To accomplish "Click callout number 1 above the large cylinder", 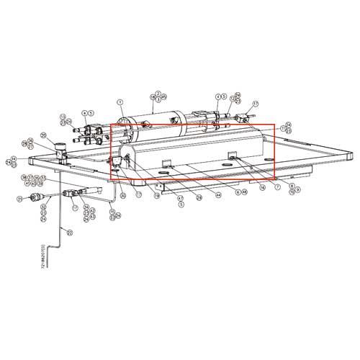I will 120,102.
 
